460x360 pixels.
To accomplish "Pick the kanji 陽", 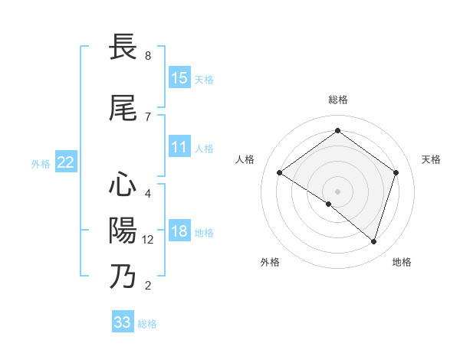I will coord(123,231).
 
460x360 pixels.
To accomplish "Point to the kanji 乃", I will coord(123,276).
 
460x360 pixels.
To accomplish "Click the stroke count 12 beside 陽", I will coord(149,240).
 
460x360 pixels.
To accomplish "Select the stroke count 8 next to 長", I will coord(148,56).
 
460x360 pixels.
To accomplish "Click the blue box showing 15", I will coord(179,78).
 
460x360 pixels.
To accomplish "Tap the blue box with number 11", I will coord(179,147).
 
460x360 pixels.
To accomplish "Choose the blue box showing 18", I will coord(179,231).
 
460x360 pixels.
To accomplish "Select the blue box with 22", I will coord(66,162).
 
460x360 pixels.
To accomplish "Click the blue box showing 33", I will coord(123,322).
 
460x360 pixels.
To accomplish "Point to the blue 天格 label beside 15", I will coord(204,80).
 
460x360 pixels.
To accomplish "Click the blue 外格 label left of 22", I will coord(41,163).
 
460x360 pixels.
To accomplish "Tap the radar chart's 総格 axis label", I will coord(337,100).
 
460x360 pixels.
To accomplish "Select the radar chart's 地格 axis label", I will coord(402,262).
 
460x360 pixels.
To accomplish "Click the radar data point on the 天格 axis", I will coord(396,172).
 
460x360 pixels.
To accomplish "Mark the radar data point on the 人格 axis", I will coord(280,173).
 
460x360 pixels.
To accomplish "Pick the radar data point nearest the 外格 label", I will coord(329,204).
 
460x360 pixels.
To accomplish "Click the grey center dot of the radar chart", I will coord(337,191).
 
